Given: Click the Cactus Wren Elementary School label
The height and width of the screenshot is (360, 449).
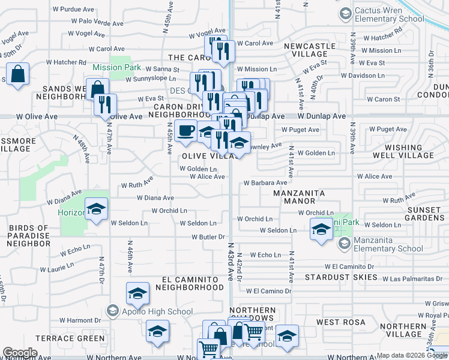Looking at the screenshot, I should point(388,14).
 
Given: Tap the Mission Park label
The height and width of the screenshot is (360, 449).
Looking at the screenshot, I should point(116,68).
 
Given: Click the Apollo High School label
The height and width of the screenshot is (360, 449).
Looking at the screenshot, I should point(157,311).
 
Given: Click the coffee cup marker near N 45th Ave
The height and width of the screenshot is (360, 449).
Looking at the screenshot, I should point(186,131).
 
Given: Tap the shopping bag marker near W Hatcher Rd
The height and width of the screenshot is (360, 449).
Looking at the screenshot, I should point(18,75).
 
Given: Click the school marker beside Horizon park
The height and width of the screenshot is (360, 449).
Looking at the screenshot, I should point(95,209).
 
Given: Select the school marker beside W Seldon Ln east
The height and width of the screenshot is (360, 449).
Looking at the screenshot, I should point(321,230).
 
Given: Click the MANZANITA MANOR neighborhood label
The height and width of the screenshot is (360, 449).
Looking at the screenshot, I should point(299,197).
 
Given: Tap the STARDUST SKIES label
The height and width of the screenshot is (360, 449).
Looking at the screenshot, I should point(341,278).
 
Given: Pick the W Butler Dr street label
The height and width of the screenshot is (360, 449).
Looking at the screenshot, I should point(208,238).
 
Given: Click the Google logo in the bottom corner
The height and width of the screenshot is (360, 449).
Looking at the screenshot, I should point(20,353).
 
